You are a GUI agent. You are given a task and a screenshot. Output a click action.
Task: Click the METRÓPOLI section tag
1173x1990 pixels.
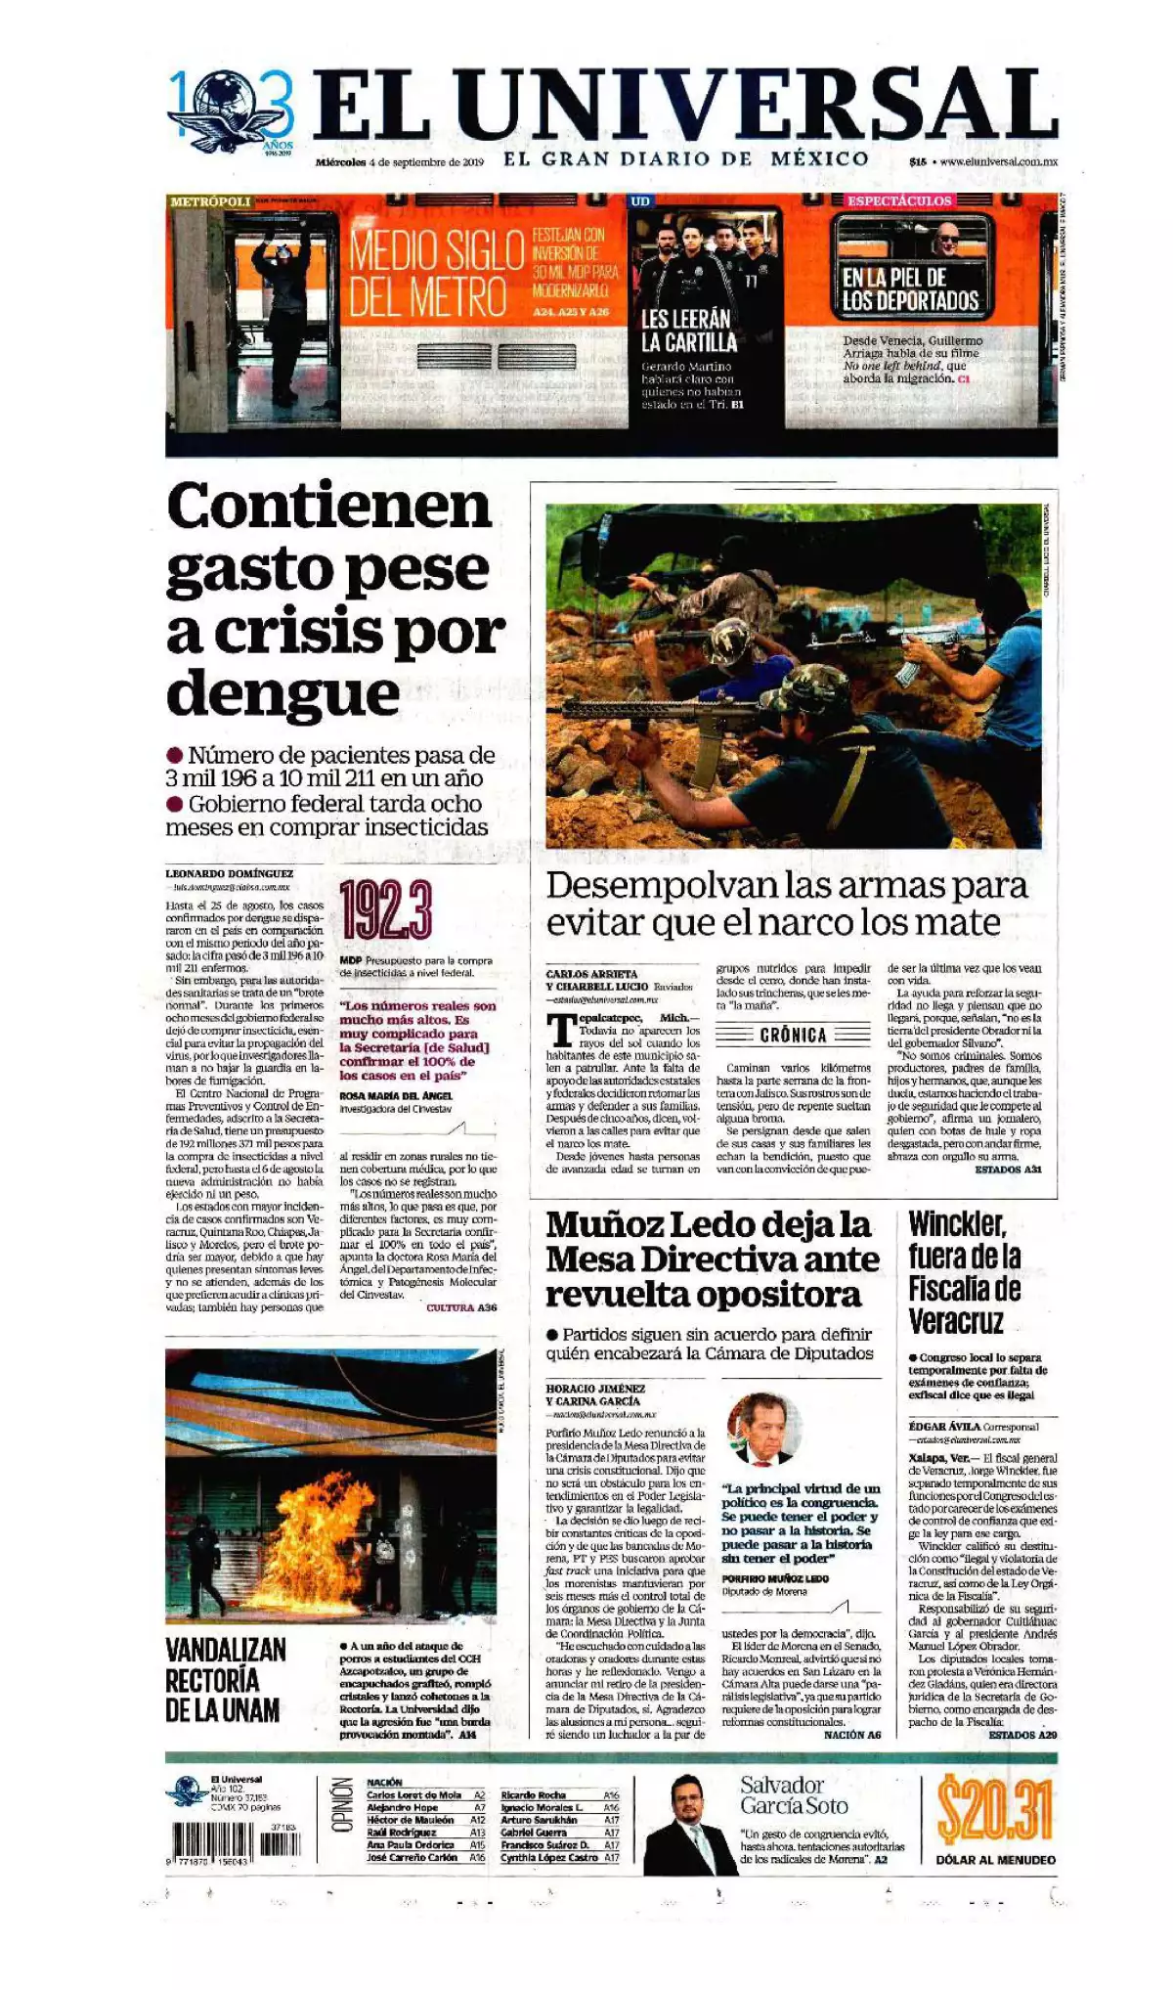[209, 201]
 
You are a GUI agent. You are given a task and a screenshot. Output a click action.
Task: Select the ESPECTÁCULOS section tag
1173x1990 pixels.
[898, 200]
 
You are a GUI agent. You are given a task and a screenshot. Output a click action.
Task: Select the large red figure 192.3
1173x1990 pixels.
[385, 909]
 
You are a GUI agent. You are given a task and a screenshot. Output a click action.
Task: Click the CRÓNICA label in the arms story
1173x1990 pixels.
[793, 1035]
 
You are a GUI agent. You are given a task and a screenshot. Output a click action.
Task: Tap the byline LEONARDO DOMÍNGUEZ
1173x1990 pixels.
[229, 873]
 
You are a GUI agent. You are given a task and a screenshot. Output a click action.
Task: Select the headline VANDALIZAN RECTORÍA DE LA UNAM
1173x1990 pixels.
[225, 1680]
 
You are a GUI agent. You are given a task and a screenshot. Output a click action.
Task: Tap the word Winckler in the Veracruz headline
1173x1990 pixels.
[956, 1223]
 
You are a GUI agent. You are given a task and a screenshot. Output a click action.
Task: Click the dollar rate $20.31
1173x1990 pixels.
[994, 1809]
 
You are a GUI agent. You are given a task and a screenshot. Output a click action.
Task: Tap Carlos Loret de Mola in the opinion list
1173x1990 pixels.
[413, 1795]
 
